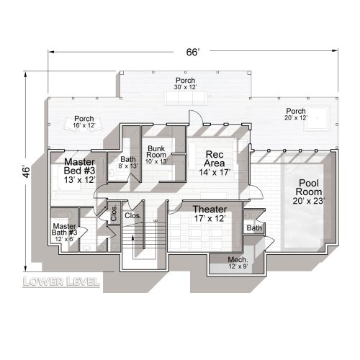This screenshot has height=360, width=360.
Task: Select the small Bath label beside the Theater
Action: tap(255, 228)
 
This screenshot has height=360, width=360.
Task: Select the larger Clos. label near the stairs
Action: tap(134, 215)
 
